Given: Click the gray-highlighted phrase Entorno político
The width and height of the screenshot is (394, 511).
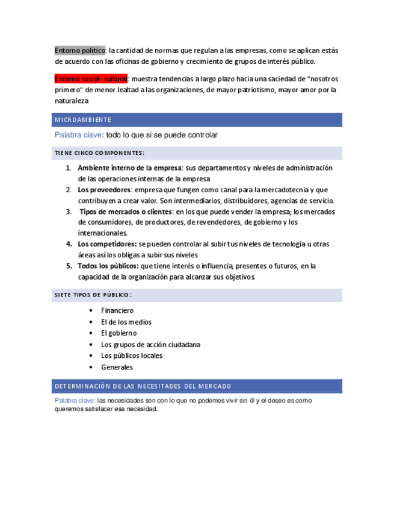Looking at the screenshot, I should tap(81, 50).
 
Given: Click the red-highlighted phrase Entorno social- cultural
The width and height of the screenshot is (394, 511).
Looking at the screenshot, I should tap(91, 79).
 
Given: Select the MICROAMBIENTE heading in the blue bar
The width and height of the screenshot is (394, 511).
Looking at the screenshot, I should tap(83, 120).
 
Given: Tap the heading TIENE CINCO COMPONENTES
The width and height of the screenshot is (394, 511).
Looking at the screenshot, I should tap(99, 152).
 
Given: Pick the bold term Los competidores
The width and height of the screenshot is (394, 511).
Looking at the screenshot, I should tap(106, 244).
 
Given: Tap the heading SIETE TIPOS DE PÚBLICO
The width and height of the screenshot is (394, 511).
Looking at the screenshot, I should tap(93, 295).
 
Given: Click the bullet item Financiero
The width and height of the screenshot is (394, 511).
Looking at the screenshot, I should tap(117, 311).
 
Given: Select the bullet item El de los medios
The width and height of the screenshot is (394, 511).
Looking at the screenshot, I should tap(126, 322).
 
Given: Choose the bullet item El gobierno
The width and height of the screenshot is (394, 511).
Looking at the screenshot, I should tap(119, 333).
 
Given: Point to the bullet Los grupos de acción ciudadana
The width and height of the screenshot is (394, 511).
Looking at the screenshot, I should tap(150, 345).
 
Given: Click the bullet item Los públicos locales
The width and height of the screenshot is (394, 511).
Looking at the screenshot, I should tap(132, 356).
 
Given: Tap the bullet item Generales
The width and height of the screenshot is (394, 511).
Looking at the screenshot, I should tap(117, 367).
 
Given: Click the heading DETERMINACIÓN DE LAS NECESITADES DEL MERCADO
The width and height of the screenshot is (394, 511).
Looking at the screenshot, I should tap(143, 386).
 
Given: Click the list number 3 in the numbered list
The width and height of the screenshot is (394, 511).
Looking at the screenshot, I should tap(69, 212).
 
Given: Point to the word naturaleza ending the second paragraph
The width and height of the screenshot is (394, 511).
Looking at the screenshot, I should tap(71, 101).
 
